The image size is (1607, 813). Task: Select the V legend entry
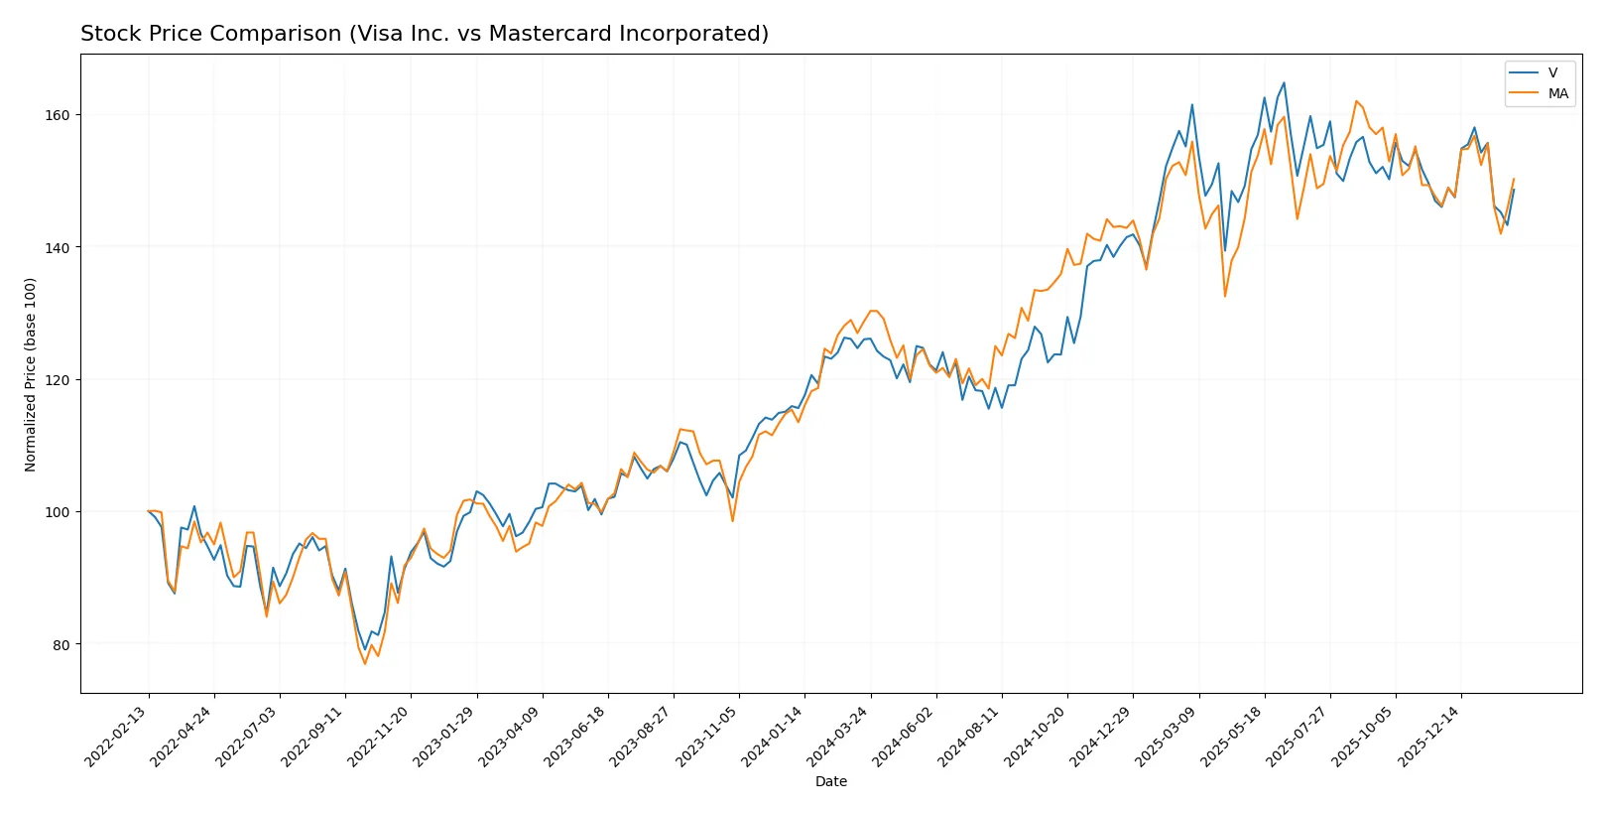tap(1552, 73)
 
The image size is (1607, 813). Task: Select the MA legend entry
tap(1557, 93)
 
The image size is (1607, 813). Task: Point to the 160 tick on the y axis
tap(58, 115)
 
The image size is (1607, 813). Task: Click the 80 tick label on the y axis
tap(61, 644)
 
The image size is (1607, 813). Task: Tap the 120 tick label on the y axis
tap(58, 380)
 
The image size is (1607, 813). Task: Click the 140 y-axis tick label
tap(58, 247)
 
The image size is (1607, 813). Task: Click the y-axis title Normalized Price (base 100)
tap(31, 374)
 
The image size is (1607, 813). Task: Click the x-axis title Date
tap(830, 781)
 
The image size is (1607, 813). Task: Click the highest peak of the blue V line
tap(1284, 82)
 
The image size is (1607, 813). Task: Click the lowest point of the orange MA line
tap(365, 663)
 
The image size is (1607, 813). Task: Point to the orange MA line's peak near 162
tap(1356, 101)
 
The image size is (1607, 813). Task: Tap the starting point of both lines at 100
tap(149, 511)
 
